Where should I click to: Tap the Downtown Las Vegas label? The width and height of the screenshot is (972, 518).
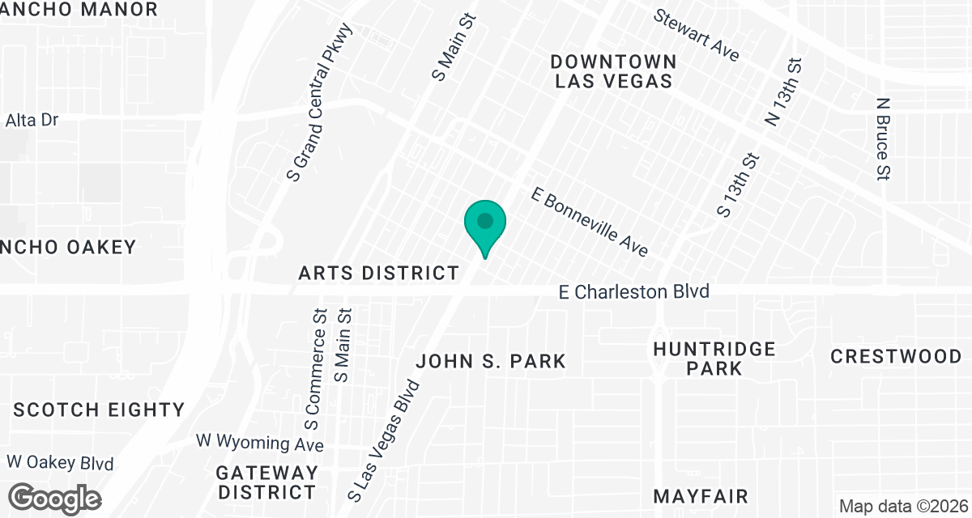pos(613,71)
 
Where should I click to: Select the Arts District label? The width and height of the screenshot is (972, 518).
pos(379,273)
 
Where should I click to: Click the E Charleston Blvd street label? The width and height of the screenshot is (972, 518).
pos(634,291)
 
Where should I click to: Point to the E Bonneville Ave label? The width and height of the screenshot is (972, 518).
pos(590,222)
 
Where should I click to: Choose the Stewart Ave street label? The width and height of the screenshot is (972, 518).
pos(697,35)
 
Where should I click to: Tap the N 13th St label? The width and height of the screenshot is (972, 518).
pos(783,91)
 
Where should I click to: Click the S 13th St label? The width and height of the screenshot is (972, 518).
pos(740,185)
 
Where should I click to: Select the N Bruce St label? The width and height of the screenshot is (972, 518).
pos(883,138)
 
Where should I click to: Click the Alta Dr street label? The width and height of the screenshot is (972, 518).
pos(32,121)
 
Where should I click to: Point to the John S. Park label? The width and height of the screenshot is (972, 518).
pos(491,361)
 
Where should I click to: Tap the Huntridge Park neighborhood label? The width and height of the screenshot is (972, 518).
pos(714,359)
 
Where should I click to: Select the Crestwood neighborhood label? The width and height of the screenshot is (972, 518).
pos(896,356)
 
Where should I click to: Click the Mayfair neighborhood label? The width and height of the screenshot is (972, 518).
pos(701,495)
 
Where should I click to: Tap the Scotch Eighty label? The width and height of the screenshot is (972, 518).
pos(99,410)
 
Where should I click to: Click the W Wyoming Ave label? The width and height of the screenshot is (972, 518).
pos(260,444)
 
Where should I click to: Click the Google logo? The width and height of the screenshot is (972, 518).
pos(54,498)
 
